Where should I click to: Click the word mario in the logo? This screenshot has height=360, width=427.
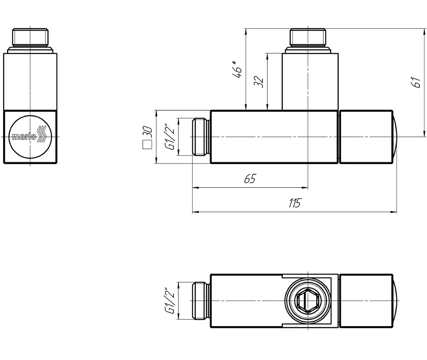coord(24,136)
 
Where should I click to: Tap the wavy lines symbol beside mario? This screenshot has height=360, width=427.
coord(41,134)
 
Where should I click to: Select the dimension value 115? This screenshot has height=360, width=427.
coord(295,203)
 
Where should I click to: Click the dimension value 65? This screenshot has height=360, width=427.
coord(250,179)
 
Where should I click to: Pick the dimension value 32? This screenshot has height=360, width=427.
coord(259,81)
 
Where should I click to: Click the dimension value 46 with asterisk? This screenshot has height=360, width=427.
coord(237,69)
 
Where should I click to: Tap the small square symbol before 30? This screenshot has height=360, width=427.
coord(147,145)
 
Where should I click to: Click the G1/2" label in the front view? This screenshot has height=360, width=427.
coord(170,136)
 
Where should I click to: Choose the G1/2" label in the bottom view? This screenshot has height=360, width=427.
coord(170,300)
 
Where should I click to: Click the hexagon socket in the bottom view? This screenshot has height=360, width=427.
coord(308,300)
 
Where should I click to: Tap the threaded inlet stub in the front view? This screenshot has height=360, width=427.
coord(201,137)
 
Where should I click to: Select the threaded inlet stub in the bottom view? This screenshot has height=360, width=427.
coord(201,301)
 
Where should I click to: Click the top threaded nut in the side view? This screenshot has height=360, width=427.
coord(30,37)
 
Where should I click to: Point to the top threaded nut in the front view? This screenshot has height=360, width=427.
coord(308,37)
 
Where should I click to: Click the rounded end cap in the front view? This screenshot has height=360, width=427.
coord(395,137)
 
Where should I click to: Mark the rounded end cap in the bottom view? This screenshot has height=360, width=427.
coord(395,301)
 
